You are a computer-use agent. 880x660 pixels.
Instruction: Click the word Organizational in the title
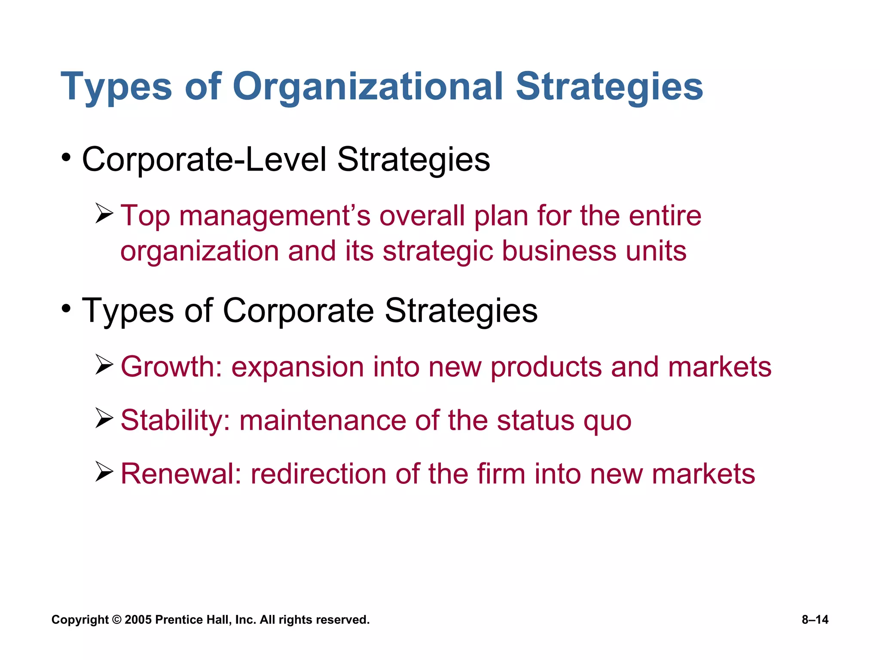tap(367, 87)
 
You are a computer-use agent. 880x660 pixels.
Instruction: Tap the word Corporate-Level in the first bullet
tap(205, 159)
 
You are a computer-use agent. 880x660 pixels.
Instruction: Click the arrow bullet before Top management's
tap(104, 214)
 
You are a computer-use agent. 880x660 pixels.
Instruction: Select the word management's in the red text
tap(275, 216)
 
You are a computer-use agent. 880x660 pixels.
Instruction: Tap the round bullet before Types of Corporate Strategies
tap(66, 309)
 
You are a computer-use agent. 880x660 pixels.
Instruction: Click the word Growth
tap(171, 367)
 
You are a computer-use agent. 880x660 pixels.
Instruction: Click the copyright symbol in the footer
tap(116, 620)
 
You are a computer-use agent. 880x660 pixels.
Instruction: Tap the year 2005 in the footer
tap(138, 620)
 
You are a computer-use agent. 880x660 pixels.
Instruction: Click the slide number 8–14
tap(815, 620)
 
